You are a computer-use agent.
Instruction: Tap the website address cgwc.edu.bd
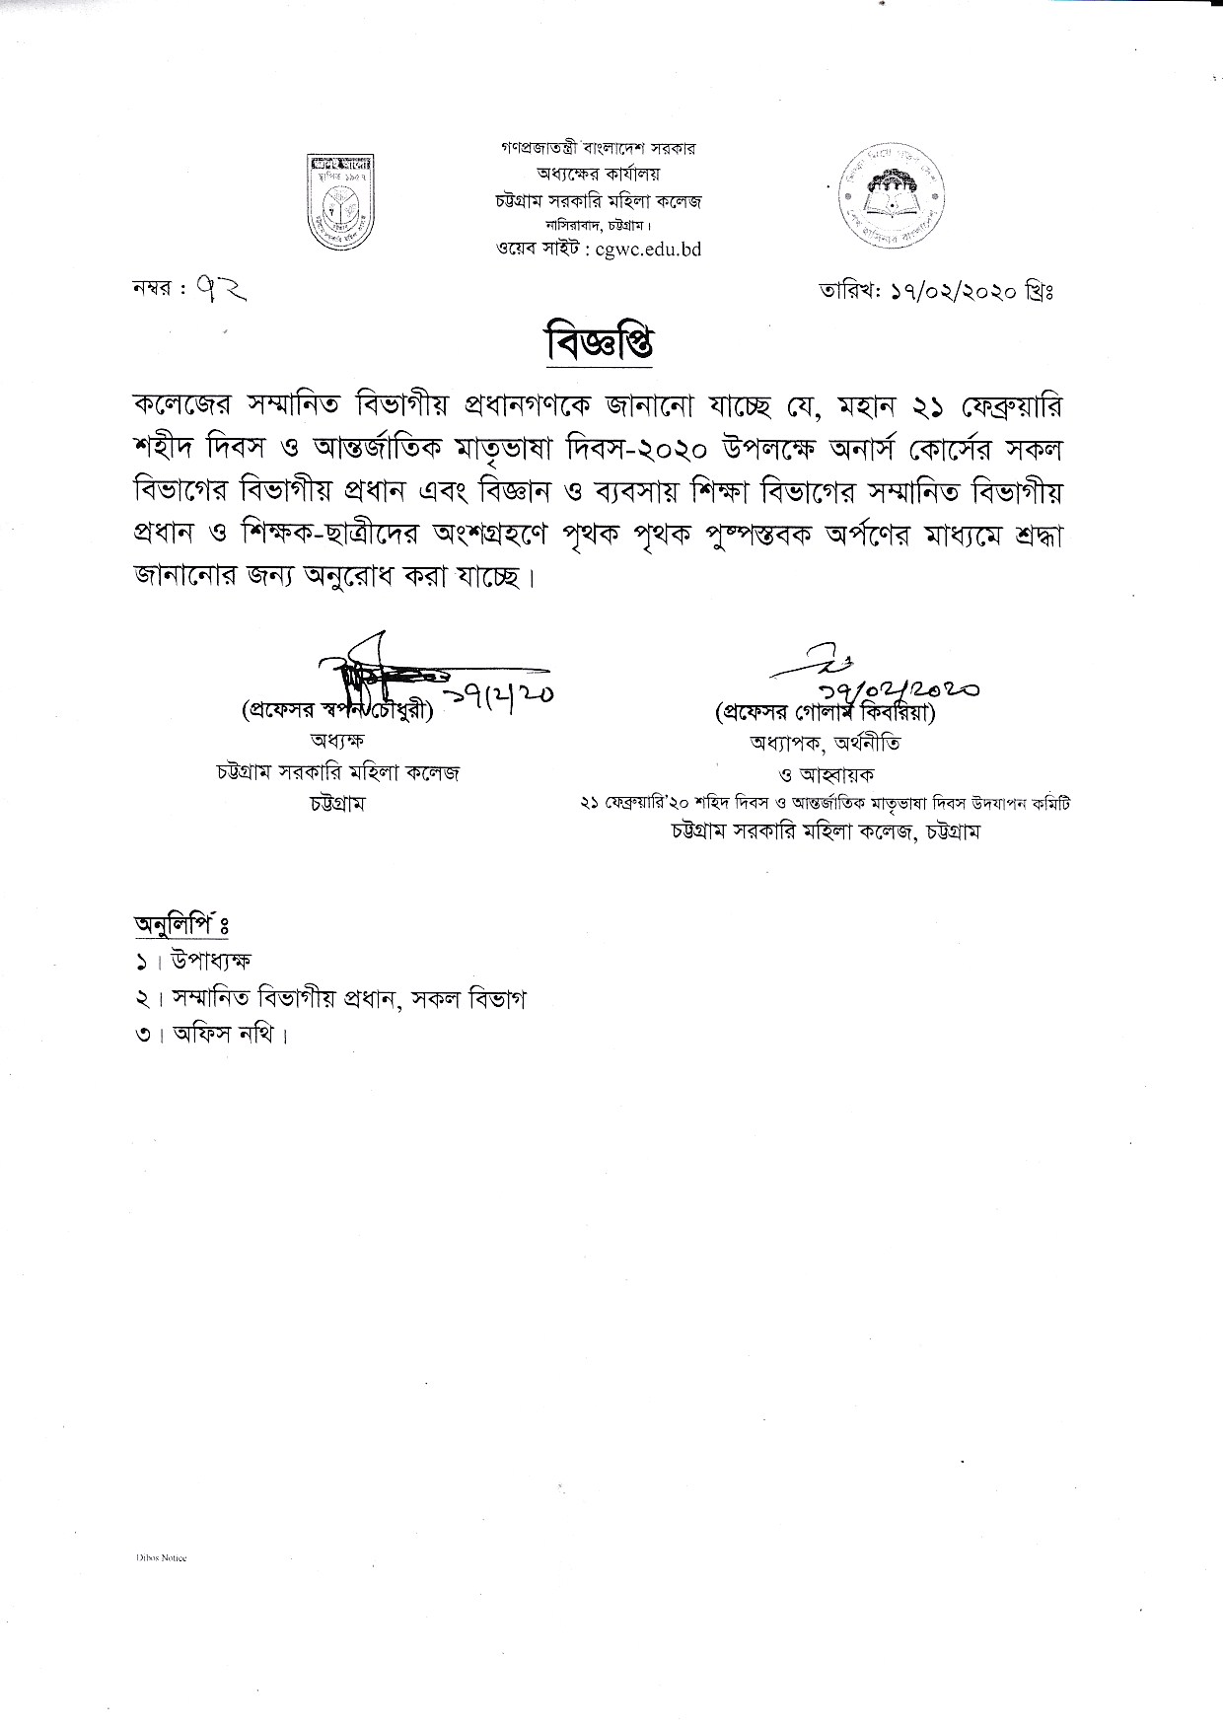coord(642,251)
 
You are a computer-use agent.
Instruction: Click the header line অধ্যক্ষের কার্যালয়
coord(599,175)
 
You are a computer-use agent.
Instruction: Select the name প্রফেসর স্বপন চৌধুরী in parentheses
coord(336,711)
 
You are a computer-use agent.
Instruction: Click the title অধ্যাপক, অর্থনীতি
coord(825,743)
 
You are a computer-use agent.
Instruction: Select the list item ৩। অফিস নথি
coord(212,1035)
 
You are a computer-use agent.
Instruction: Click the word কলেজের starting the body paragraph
coord(180,407)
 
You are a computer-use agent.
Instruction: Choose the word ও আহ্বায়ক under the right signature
coord(827,774)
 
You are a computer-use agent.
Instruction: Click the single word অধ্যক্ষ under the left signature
coord(337,741)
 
